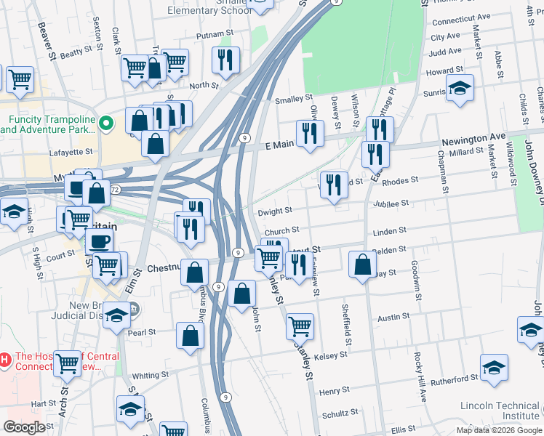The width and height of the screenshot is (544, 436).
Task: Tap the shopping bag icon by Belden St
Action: (362, 265)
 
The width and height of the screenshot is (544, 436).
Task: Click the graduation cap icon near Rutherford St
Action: (494, 366)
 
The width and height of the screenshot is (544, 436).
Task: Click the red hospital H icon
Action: (5, 359)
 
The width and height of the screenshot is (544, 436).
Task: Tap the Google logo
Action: (24, 427)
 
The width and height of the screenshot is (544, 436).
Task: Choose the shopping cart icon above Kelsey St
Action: (300, 326)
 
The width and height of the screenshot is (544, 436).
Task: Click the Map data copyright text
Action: (499, 430)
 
